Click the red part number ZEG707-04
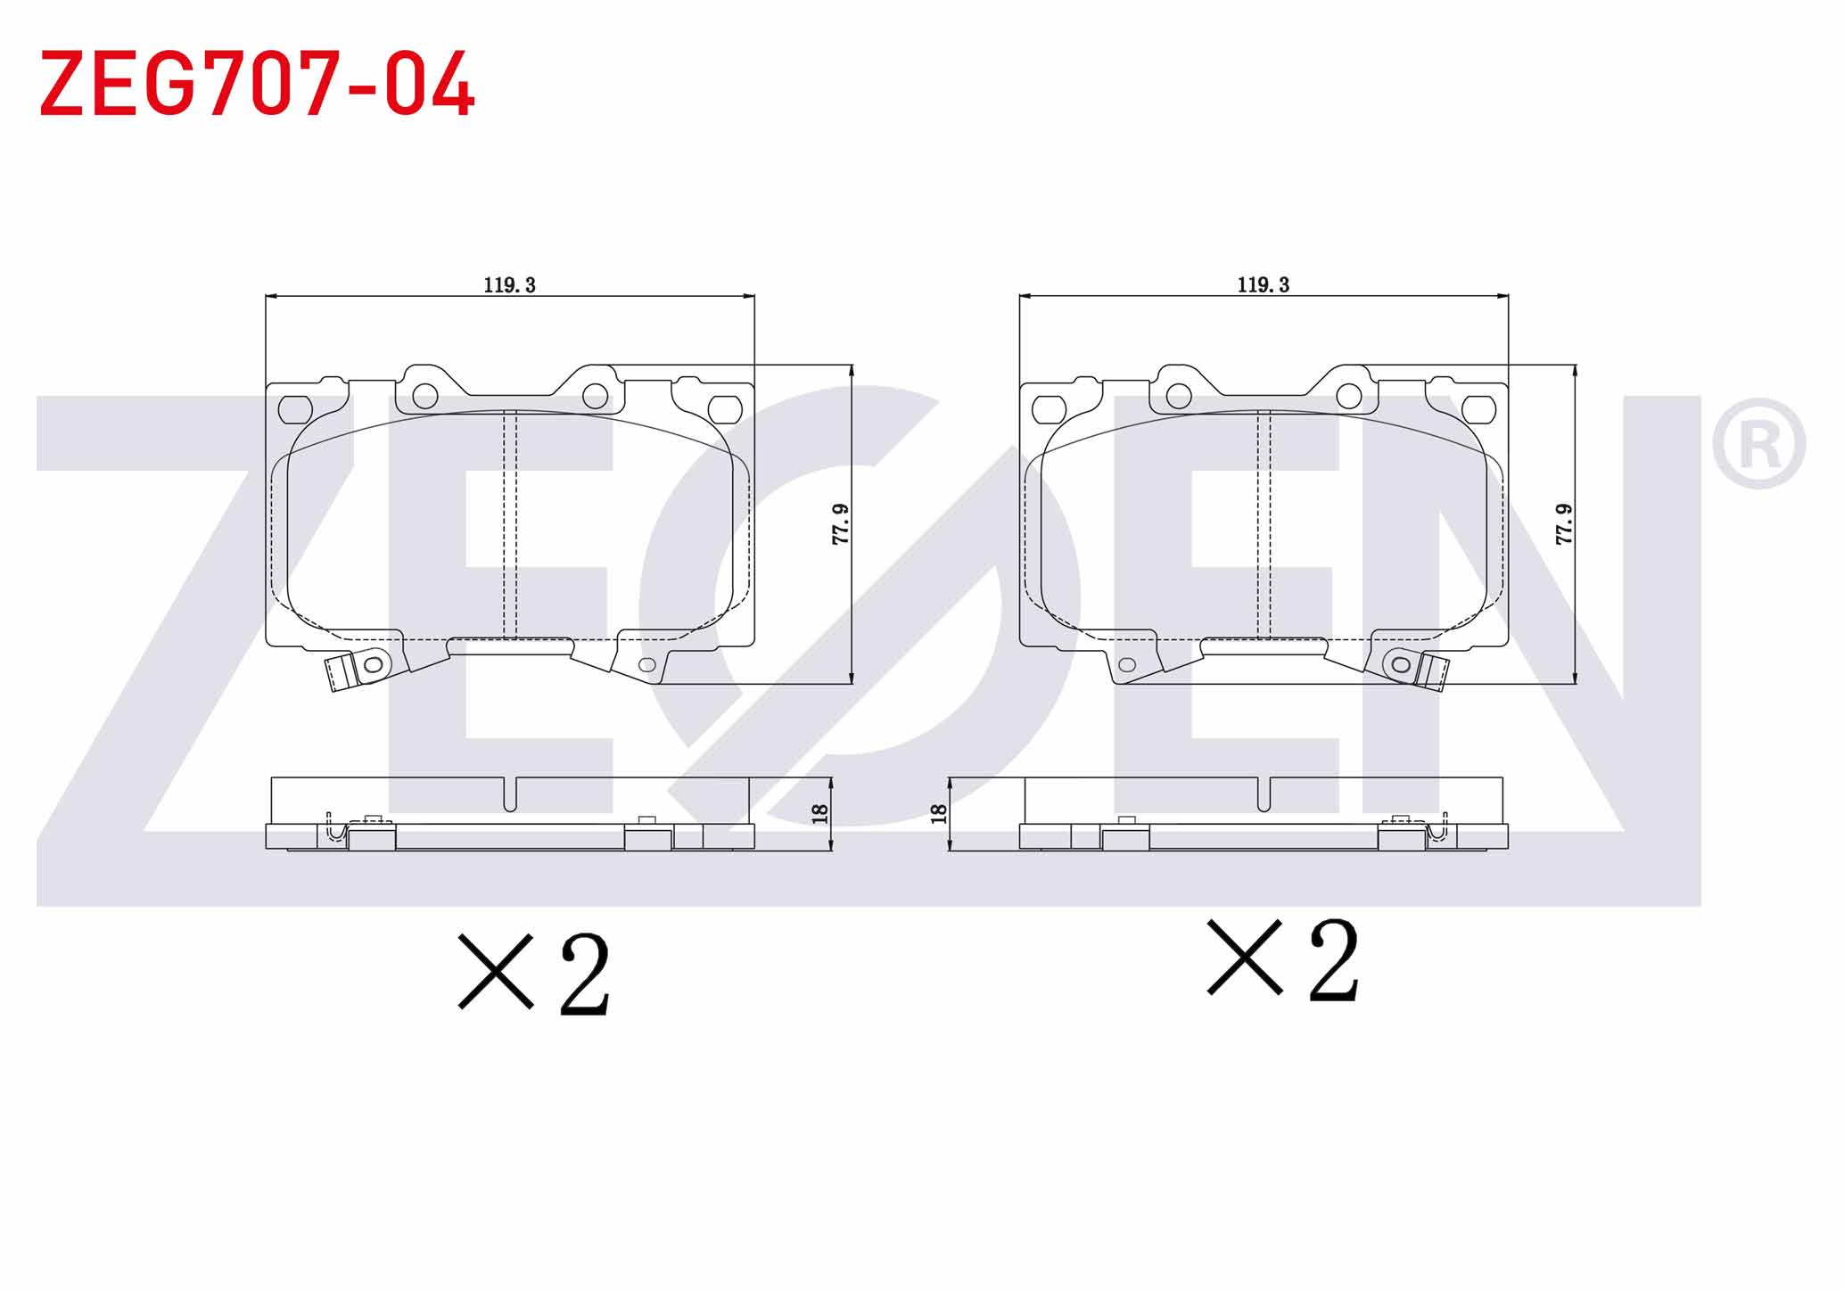(x=257, y=84)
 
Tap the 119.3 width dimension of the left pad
(x=510, y=285)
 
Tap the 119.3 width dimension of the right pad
(x=1264, y=285)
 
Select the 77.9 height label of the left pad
(x=840, y=524)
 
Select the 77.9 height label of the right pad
(x=1563, y=524)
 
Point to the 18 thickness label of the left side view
(x=820, y=813)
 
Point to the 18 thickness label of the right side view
(x=938, y=813)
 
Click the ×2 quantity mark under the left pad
(x=533, y=974)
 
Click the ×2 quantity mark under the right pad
(x=1282, y=959)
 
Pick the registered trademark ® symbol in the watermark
(x=1758, y=444)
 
